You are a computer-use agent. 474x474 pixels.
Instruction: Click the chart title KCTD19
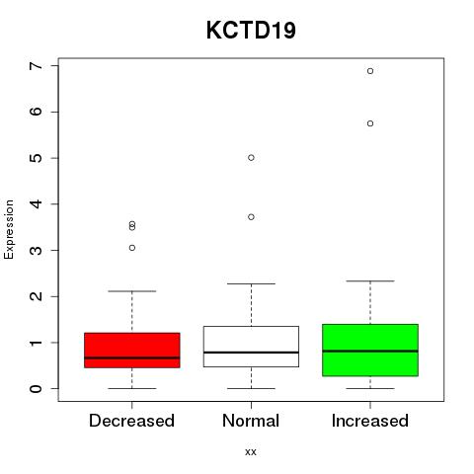pos(251,31)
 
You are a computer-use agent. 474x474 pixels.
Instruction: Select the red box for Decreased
pos(132,351)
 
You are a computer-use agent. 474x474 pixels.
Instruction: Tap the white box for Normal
pos(251,347)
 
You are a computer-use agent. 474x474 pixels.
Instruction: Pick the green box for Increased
pos(370,350)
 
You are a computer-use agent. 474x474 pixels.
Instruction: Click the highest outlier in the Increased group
pos(370,71)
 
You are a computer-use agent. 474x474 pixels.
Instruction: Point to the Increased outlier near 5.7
pos(370,123)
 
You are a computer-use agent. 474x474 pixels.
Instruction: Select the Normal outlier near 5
pos(251,158)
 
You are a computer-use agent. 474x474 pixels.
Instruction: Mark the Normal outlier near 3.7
pos(251,217)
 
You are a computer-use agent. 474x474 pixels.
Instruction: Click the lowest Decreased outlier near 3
pos(132,248)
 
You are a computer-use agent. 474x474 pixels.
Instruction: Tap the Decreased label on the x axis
pos(131,421)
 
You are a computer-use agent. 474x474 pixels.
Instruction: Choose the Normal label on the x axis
pos(251,421)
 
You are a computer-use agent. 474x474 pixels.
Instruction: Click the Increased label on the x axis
pos(370,421)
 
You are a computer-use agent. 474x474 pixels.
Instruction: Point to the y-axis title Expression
pos(9,229)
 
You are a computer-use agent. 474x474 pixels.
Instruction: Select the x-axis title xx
pos(251,452)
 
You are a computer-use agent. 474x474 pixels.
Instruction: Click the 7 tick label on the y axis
pos(37,66)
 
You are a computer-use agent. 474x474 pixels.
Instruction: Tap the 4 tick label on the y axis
pos(37,204)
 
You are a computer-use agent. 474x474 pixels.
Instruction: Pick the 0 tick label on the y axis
pos(37,389)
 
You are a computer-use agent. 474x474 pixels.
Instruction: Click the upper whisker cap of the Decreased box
pos(132,291)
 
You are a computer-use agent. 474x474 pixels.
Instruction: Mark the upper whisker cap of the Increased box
pos(370,281)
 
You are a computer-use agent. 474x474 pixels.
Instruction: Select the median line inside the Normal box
pos(251,353)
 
